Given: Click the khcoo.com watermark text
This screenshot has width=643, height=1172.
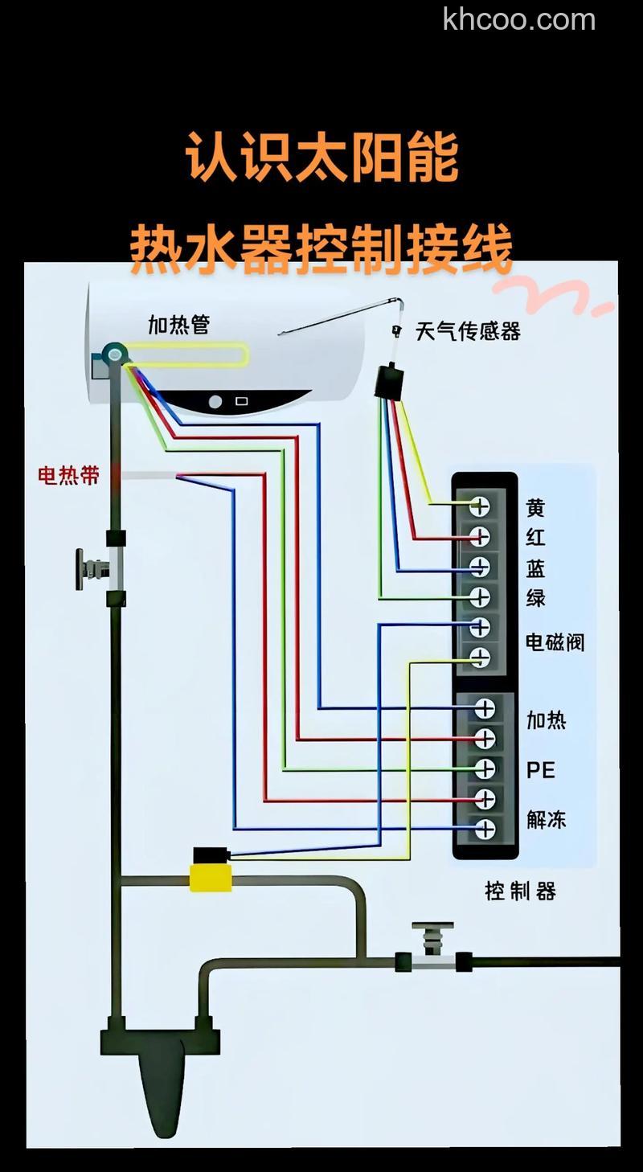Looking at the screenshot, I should (518, 18).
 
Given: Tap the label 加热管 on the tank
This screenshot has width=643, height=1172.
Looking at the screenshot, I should (178, 324).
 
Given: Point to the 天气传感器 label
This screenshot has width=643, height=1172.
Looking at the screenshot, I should (468, 330).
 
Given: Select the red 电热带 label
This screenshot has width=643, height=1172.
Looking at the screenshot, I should (69, 475).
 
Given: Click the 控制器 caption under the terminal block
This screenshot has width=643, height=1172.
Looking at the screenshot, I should (520, 891).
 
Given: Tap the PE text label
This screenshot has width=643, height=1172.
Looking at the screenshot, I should (541, 769).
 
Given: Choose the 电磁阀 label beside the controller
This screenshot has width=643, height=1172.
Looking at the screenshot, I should (555, 641).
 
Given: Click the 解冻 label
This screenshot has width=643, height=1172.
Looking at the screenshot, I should (547, 819).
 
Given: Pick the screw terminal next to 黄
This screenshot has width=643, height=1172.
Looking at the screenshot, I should (480, 506).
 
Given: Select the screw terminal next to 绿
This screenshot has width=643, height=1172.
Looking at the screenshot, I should (480, 596).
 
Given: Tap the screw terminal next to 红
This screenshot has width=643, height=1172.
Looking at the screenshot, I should (480, 535).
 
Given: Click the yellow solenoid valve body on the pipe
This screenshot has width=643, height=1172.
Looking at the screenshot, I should (211, 876).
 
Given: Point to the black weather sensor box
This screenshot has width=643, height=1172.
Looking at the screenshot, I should (389, 381).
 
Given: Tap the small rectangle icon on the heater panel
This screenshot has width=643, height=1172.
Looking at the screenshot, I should (241, 400).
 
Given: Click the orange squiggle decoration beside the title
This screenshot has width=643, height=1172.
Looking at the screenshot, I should (563, 297).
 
